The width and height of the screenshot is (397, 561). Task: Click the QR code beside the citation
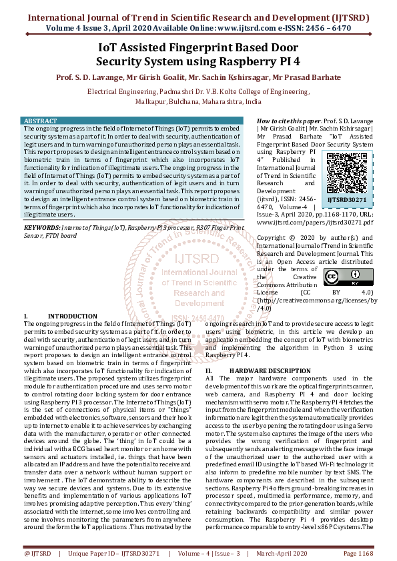click(x=347, y=171)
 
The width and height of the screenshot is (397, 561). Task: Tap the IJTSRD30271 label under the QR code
click(x=347, y=199)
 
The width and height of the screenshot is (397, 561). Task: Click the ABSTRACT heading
click(x=41, y=121)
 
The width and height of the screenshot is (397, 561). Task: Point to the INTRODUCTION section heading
click(x=73, y=315)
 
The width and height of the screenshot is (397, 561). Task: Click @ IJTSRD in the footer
click(x=37, y=552)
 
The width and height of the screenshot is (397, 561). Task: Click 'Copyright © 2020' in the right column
click(x=282, y=238)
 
